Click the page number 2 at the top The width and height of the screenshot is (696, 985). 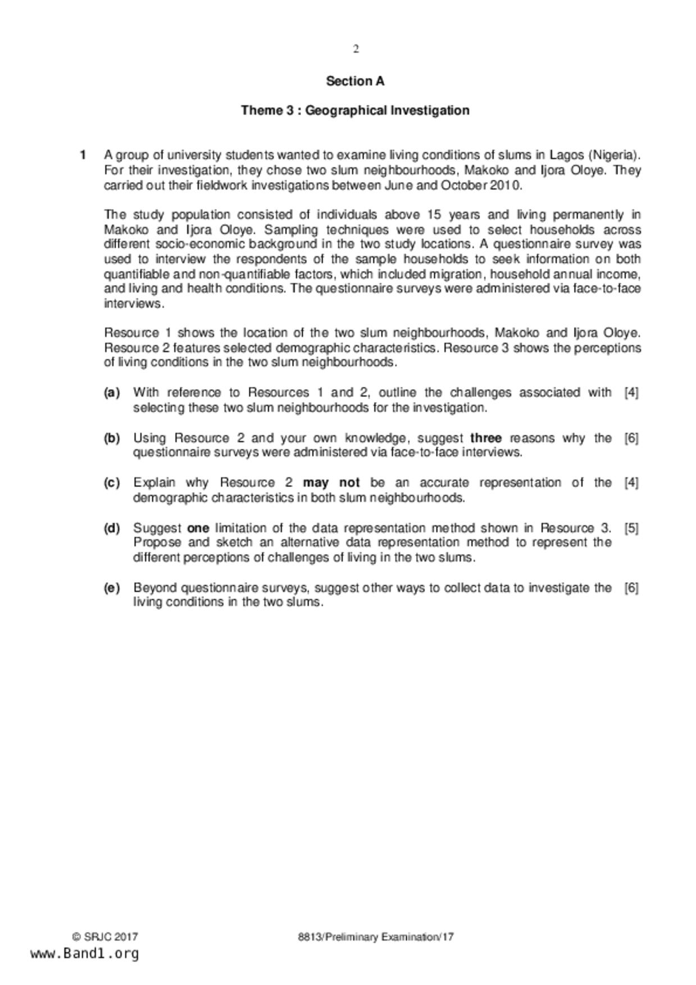point(356,49)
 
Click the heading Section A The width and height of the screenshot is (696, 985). point(355,81)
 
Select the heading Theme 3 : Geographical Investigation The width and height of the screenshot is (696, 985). point(355,110)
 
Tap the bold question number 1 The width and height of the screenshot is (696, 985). point(83,155)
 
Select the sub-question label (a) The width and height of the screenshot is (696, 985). point(112,393)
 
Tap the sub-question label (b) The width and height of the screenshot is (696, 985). point(112,438)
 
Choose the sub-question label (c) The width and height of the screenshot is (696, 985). point(112,483)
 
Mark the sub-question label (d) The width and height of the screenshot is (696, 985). point(112,528)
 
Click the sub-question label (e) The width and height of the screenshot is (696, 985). point(112,588)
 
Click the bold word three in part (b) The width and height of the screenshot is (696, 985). point(486,438)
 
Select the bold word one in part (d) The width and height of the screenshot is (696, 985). point(198,528)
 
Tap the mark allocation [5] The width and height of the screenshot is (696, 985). point(631,528)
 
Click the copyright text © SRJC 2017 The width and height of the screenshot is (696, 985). point(105,937)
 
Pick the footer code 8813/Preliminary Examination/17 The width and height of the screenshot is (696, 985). point(376,937)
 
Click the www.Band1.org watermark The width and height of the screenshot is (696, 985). point(84,954)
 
